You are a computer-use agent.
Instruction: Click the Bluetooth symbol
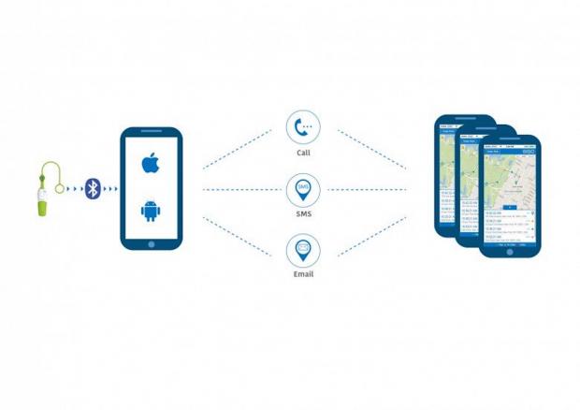[x=93, y=189]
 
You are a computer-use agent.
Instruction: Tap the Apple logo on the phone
[x=151, y=165]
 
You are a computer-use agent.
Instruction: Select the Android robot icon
[x=151, y=211]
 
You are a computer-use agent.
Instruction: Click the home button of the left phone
[x=151, y=244]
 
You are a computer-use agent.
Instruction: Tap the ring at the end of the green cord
[x=60, y=189]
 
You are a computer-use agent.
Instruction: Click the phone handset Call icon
[x=303, y=126]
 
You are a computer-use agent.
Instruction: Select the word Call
[x=303, y=153]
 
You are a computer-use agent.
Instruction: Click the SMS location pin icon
[x=303, y=189]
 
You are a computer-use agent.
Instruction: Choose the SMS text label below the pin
[x=303, y=214]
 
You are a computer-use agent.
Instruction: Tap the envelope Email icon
[x=303, y=250]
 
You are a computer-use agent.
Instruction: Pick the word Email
[x=303, y=274]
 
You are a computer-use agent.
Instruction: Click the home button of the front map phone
[x=510, y=251]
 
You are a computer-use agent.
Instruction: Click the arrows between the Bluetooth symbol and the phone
[x=110, y=189]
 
